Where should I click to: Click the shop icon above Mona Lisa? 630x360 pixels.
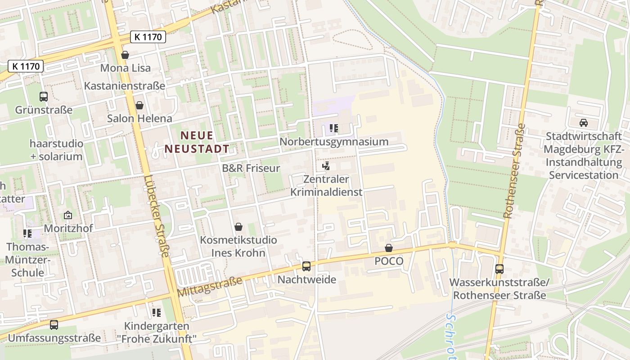click(125, 55)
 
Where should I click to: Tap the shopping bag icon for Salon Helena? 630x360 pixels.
click(139, 106)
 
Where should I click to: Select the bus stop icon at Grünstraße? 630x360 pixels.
click(44, 96)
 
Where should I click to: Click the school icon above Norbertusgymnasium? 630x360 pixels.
click(333, 128)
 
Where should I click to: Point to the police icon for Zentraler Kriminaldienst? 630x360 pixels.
click(326, 166)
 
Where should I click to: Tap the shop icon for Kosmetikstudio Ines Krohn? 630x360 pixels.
click(238, 227)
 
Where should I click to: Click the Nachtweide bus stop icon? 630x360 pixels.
click(306, 266)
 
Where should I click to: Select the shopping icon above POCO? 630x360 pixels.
click(389, 248)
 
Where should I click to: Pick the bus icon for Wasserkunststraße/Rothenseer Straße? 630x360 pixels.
click(499, 269)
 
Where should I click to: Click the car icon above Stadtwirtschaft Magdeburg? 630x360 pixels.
click(583, 122)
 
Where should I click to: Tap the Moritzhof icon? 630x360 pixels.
click(68, 216)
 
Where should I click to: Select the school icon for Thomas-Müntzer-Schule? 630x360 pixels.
click(27, 234)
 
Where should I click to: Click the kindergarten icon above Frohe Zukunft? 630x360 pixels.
click(157, 312)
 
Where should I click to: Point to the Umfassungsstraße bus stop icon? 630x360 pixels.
click(54, 324)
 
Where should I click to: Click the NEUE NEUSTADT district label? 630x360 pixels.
click(197, 142)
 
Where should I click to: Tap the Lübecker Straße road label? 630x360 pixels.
click(157, 216)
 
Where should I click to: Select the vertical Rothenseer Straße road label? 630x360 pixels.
click(514, 171)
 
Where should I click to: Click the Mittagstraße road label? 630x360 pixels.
click(210, 287)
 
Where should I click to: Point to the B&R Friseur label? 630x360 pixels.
click(251, 168)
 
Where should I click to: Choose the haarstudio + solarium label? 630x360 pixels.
click(56, 150)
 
